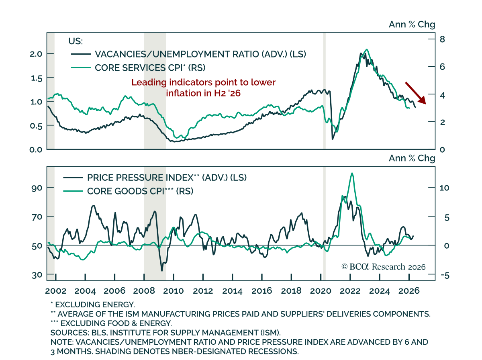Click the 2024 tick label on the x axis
click(x=380, y=291)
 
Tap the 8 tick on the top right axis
click(x=442, y=39)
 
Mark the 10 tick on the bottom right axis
click(x=444, y=188)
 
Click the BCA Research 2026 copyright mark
click(x=383, y=267)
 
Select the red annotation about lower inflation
click(x=204, y=88)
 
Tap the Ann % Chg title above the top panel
click(x=412, y=25)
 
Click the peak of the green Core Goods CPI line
click(x=352, y=173)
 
